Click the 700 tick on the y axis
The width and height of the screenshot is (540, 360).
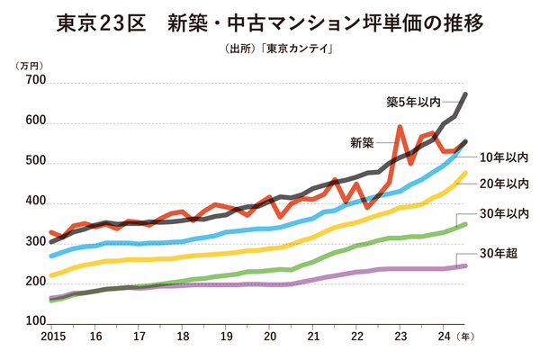click(35, 82)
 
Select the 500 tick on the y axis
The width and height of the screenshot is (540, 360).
click(35, 162)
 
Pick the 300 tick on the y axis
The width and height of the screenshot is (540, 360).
click(35, 242)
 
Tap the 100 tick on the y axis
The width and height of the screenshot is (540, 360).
click(35, 321)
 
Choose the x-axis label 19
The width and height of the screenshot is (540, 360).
click(226, 337)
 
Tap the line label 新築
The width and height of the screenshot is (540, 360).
click(362, 142)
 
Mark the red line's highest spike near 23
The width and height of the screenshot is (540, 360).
click(400, 128)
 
